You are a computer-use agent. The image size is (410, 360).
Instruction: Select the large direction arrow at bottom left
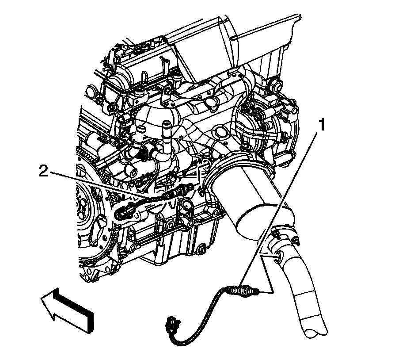click(66, 307)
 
